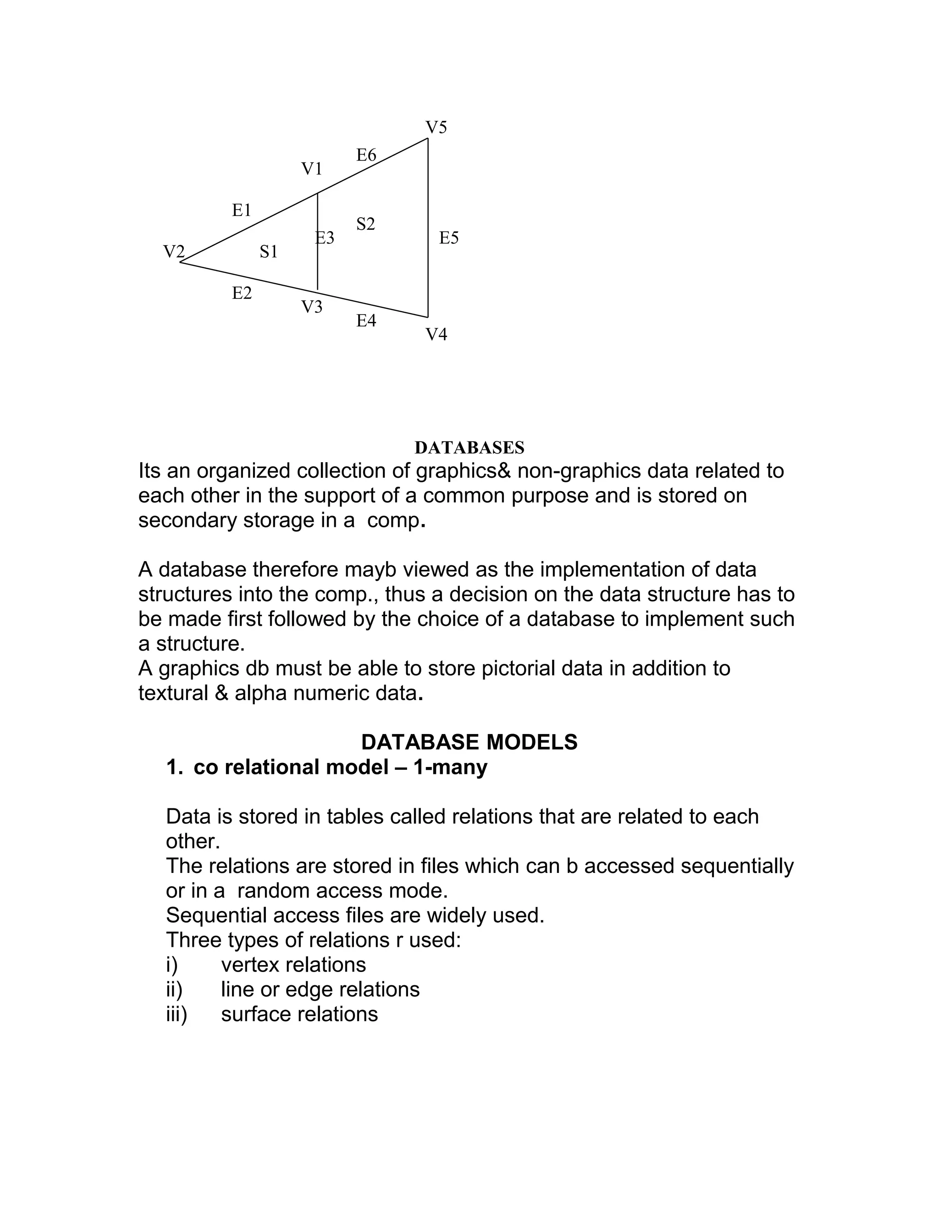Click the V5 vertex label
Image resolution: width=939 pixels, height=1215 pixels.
click(x=436, y=127)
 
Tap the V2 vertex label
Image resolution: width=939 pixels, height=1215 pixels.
click(x=174, y=252)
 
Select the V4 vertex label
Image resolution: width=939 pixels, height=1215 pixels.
click(x=436, y=334)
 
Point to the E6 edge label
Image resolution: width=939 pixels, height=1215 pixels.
click(x=366, y=155)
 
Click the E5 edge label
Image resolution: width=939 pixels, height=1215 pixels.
click(x=449, y=238)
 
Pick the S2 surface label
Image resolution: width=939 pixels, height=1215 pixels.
click(x=365, y=224)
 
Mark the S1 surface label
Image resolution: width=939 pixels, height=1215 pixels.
click(x=269, y=252)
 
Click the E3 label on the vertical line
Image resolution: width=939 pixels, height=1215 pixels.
click(x=326, y=238)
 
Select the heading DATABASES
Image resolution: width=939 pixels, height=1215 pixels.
click(x=469, y=447)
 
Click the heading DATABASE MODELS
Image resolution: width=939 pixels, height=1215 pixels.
click(x=469, y=742)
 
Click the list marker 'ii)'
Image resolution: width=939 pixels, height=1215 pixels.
click(x=174, y=990)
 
